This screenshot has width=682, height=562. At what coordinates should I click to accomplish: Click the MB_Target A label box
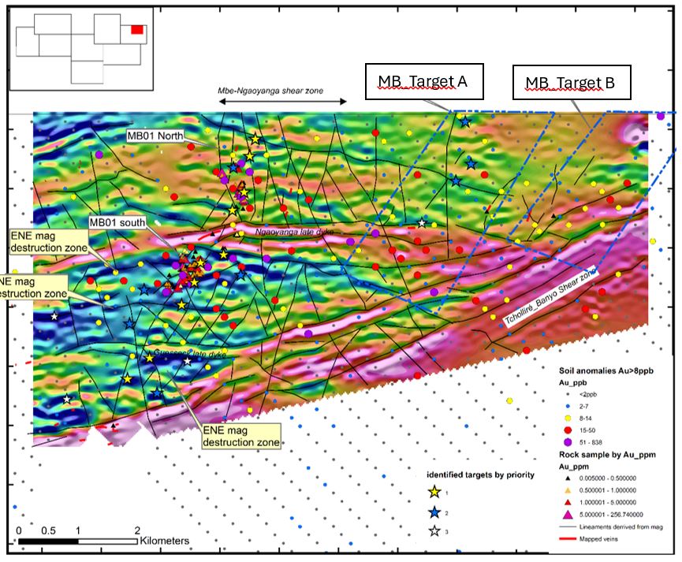point(424,81)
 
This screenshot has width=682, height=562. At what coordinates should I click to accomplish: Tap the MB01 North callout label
point(155,136)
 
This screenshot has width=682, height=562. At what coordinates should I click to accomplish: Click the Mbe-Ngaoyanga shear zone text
point(270,91)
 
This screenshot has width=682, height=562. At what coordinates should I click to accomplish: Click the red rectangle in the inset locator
point(137,29)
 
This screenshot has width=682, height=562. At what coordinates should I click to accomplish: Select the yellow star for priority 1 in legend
point(433,493)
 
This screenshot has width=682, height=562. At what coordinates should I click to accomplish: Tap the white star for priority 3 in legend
point(433,530)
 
